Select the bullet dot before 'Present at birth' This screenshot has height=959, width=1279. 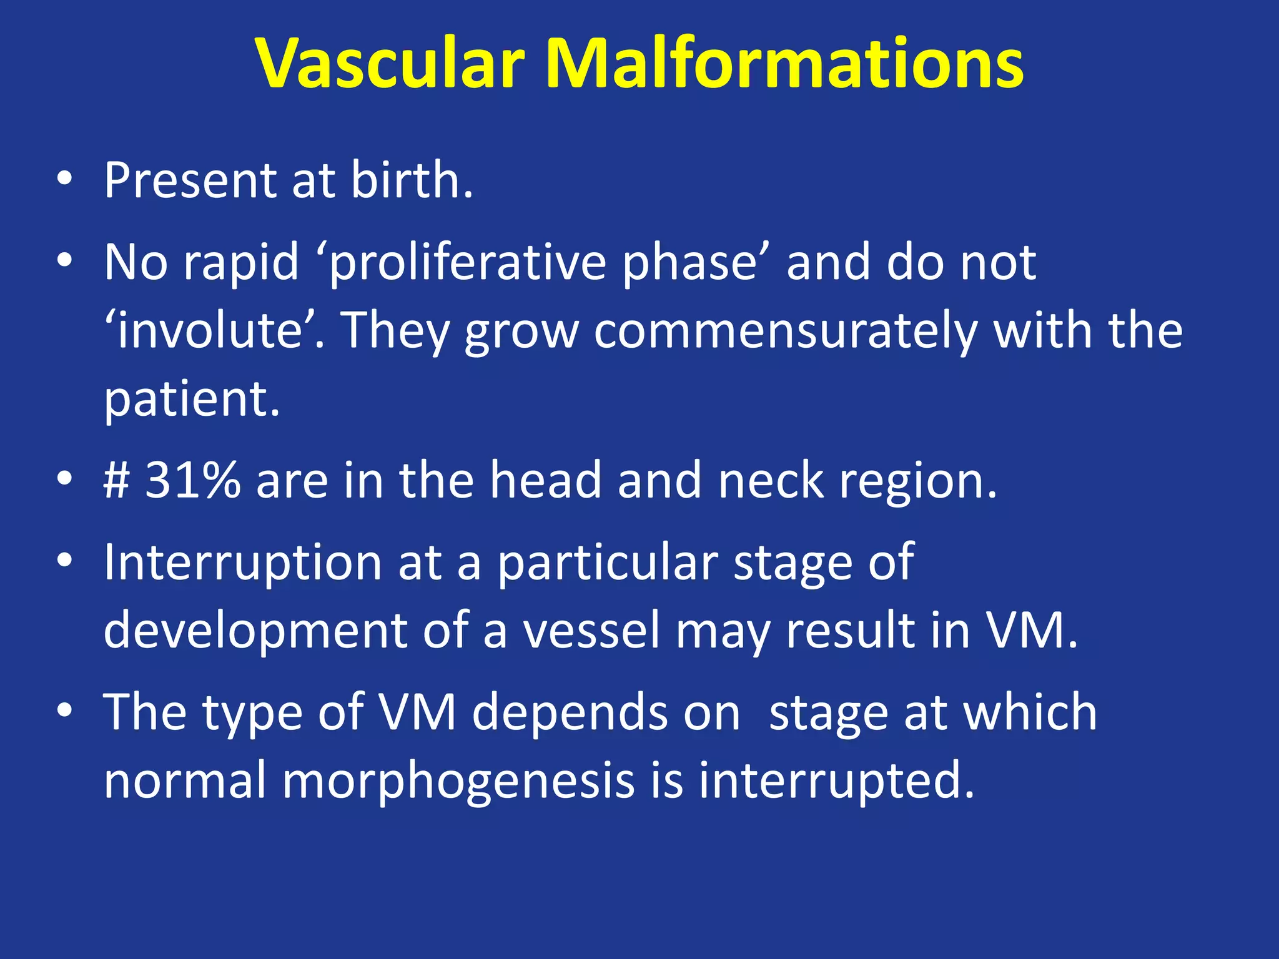coord(64,180)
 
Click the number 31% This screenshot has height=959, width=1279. coord(192,481)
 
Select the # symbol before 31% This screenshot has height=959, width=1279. coord(117,481)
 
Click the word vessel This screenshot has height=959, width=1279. coord(591,631)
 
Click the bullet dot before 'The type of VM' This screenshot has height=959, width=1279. coord(64,711)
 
